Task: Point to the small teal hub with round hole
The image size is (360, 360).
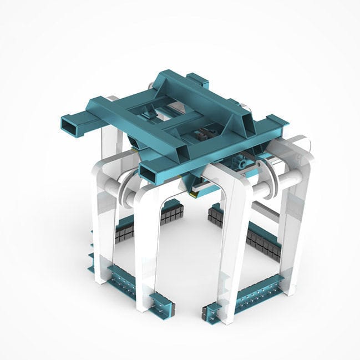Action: click(242, 163)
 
